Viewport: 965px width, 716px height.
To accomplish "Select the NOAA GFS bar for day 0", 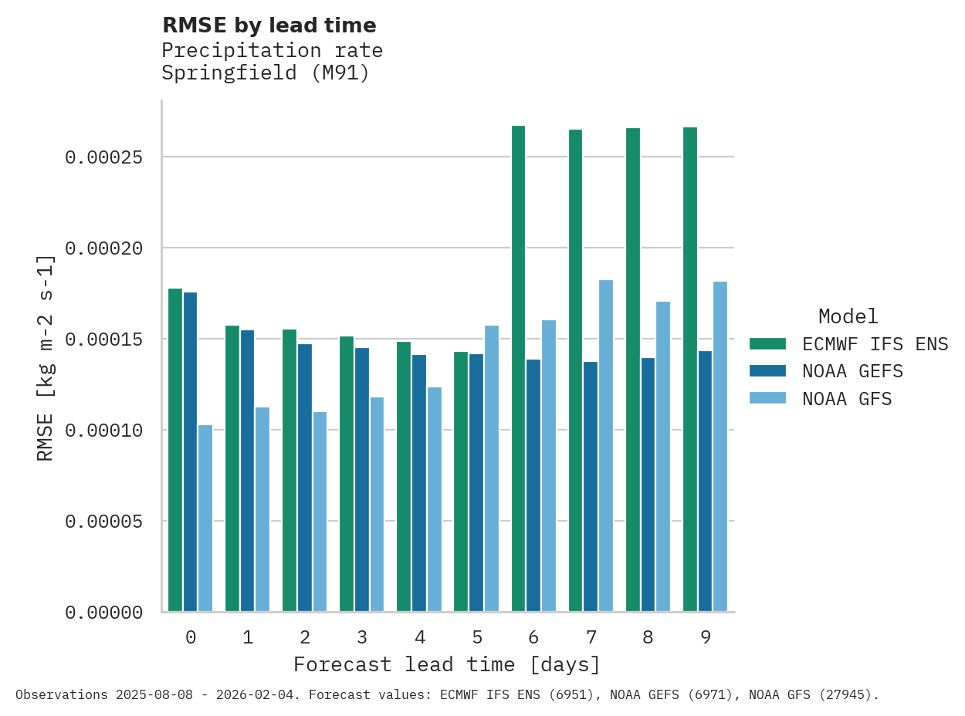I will (x=205, y=518).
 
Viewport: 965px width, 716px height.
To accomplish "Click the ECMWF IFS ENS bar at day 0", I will (x=175, y=451).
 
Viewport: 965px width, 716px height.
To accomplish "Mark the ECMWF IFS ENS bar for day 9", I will (x=690, y=370).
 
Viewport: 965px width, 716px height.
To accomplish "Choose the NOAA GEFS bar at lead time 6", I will (x=533, y=485).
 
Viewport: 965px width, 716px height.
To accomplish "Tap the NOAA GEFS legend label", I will (x=852, y=371).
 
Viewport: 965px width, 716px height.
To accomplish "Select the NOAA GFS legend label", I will (x=847, y=399).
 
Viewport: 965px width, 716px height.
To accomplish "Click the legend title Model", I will (x=848, y=316).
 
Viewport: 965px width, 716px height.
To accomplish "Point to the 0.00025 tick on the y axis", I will (x=103, y=157).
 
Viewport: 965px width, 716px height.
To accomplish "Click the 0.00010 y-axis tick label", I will (x=103, y=431).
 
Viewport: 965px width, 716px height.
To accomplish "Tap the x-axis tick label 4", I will (x=419, y=637).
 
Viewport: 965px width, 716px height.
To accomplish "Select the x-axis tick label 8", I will (x=648, y=637).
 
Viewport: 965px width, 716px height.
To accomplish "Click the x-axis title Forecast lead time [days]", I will (x=447, y=664).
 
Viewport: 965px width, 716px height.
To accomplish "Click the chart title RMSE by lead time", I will (x=269, y=25).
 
